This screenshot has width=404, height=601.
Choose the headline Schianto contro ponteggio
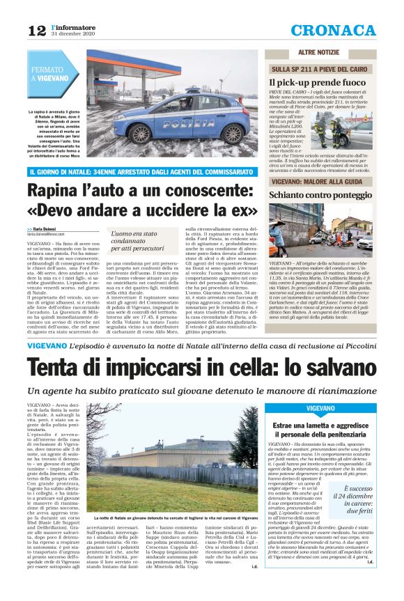click(x=321, y=194)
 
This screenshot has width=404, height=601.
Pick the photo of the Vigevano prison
click(x=178, y=473)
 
